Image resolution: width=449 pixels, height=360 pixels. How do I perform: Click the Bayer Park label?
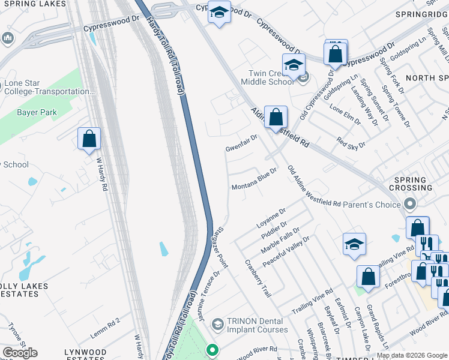[x=37, y=112]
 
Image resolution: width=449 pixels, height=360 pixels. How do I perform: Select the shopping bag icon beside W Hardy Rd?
[x=89, y=139]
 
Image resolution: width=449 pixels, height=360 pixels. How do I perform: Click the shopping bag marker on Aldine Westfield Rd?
[x=276, y=116]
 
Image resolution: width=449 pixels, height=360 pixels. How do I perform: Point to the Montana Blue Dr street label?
[x=254, y=180]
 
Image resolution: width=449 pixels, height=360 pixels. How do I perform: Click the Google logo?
[x=20, y=353]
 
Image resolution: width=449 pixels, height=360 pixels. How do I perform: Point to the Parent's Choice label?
[x=371, y=205]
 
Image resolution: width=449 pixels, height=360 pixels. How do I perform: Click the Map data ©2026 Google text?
[x=412, y=355]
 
